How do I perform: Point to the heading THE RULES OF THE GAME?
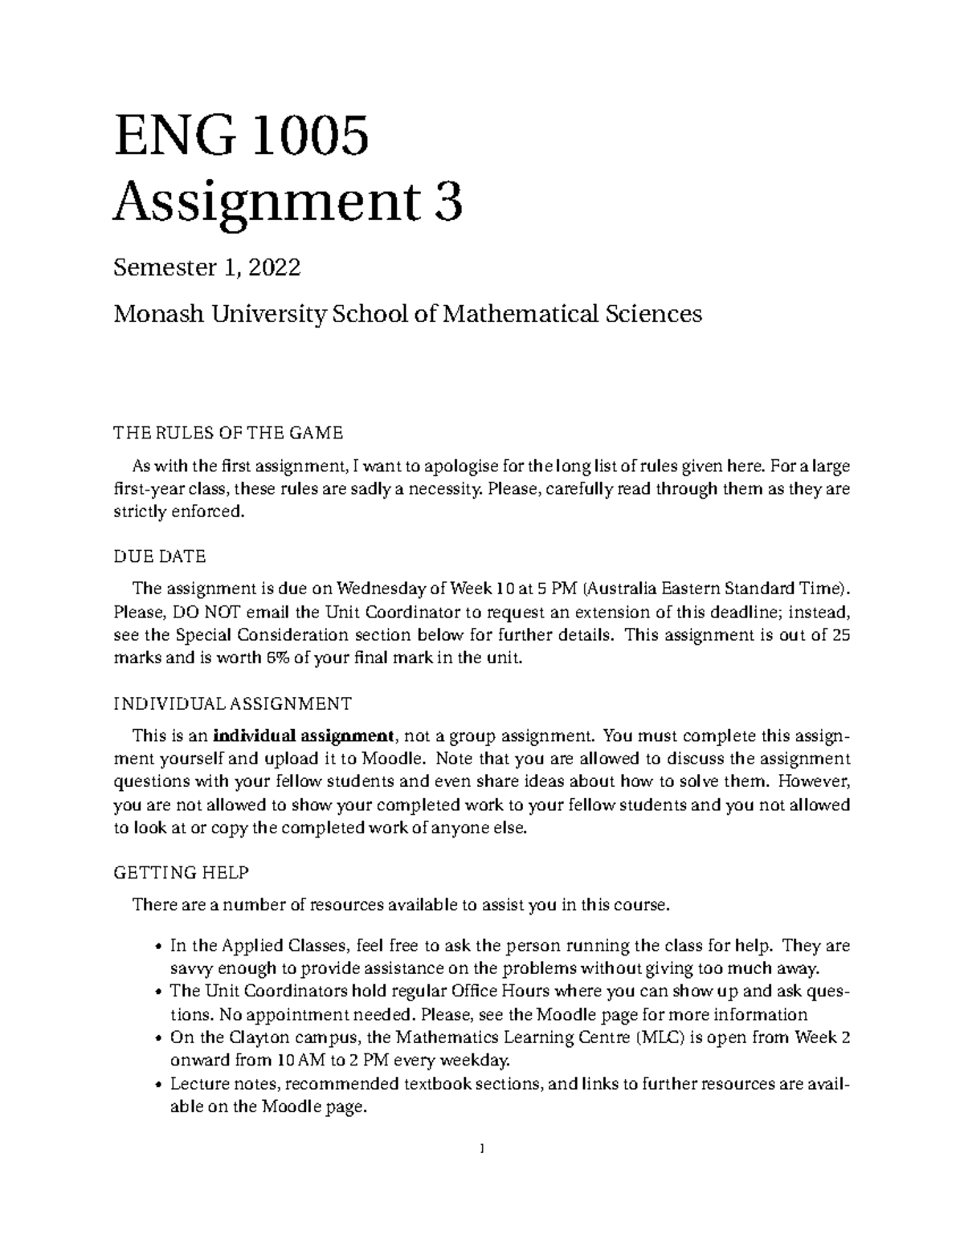coord(228,434)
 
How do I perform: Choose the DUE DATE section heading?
coord(159,556)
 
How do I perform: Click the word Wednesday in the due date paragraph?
coord(374,587)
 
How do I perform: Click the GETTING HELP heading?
coord(182,872)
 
